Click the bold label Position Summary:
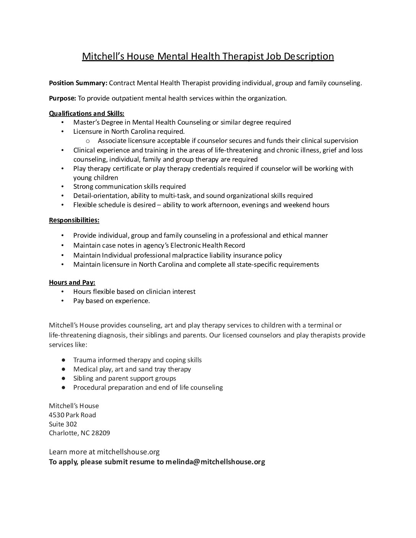78,83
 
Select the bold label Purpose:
62,98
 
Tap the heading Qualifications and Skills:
86,113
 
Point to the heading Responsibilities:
74,220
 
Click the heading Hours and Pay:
72,282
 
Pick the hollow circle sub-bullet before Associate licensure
88,141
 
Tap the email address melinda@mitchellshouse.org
215,462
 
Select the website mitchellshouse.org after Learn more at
128,452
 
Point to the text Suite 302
63,424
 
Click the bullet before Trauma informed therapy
63,360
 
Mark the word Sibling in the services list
83,378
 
